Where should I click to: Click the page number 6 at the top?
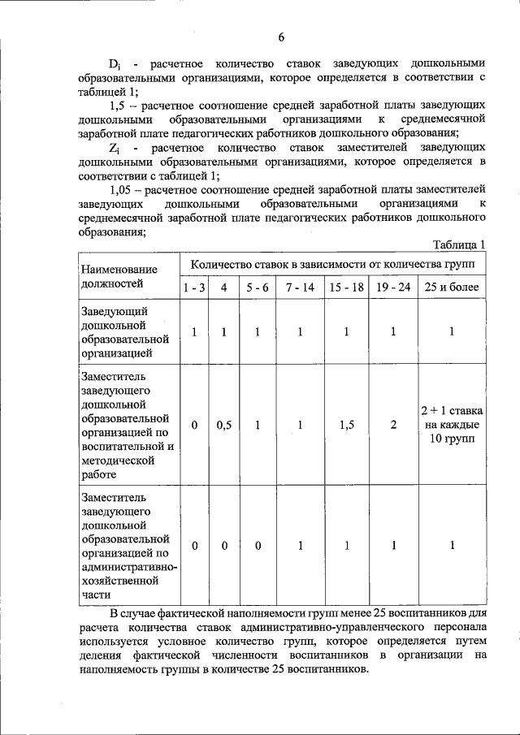coord(281,37)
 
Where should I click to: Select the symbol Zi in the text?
coord(115,149)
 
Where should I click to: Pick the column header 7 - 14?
coord(299,288)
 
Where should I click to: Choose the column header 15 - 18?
coord(346,288)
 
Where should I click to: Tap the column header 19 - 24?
coord(393,288)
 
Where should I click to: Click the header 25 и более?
coord(452,288)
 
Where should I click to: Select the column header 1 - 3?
coord(194,288)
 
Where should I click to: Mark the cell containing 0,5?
coord(223,425)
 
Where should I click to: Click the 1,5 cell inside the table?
coord(346,425)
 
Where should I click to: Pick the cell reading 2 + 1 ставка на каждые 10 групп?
coord(452,424)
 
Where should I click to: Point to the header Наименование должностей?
coord(119,276)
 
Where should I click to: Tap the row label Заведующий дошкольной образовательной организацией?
coord(124,331)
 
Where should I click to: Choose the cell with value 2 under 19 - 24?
coord(393,425)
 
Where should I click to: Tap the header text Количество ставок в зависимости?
coord(293,264)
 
